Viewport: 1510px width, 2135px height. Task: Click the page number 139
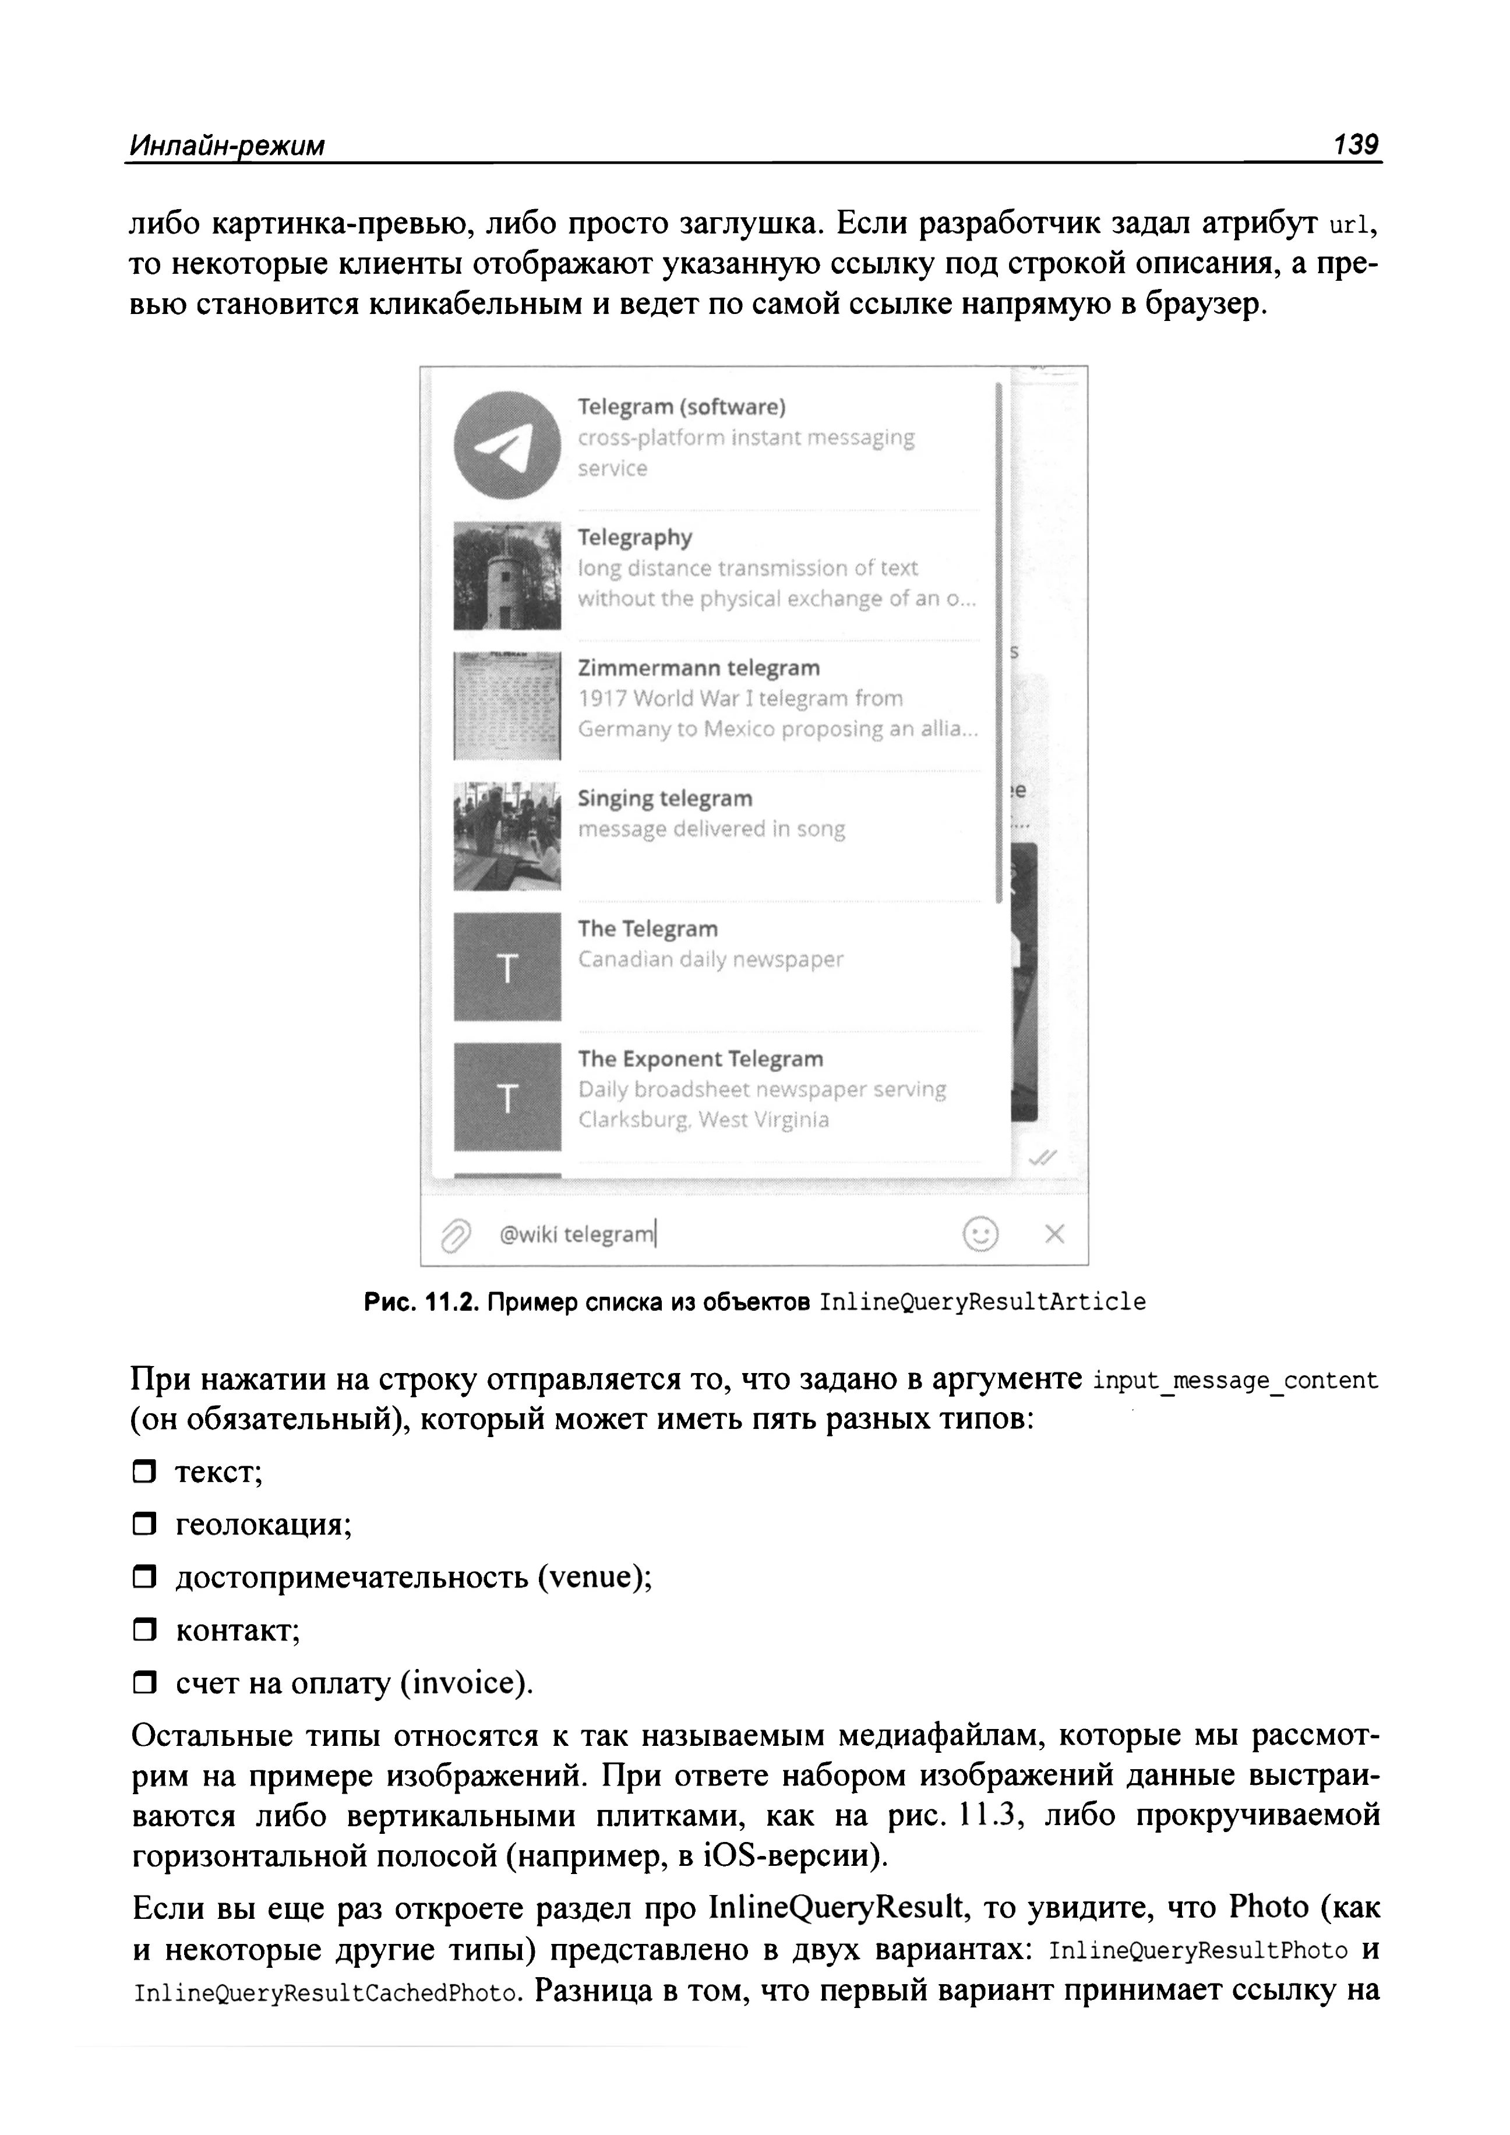(x=1356, y=145)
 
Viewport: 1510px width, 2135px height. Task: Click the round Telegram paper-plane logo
(x=507, y=444)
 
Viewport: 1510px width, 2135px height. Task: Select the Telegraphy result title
(x=635, y=538)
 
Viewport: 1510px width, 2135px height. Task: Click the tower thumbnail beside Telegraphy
(x=507, y=576)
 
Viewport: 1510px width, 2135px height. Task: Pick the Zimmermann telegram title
(x=698, y=668)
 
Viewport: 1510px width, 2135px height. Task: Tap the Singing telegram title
(x=665, y=798)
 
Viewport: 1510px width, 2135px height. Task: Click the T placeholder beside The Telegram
(x=507, y=967)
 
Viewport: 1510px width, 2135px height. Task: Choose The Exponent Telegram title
(x=700, y=1058)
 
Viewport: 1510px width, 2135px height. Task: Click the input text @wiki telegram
(x=577, y=1235)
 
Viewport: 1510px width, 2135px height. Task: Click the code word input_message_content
(x=1236, y=1381)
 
